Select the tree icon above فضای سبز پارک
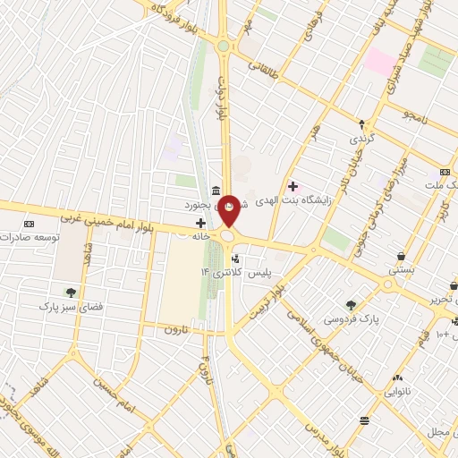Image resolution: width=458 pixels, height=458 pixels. point(70,292)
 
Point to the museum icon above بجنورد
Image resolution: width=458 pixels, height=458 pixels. point(217,190)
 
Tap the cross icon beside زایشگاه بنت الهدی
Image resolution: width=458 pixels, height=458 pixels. point(293,186)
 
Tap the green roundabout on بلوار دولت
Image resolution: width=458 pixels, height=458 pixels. point(223,46)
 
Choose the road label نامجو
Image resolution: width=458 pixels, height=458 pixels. point(417,116)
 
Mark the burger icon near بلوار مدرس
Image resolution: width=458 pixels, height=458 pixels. point(364,420)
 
